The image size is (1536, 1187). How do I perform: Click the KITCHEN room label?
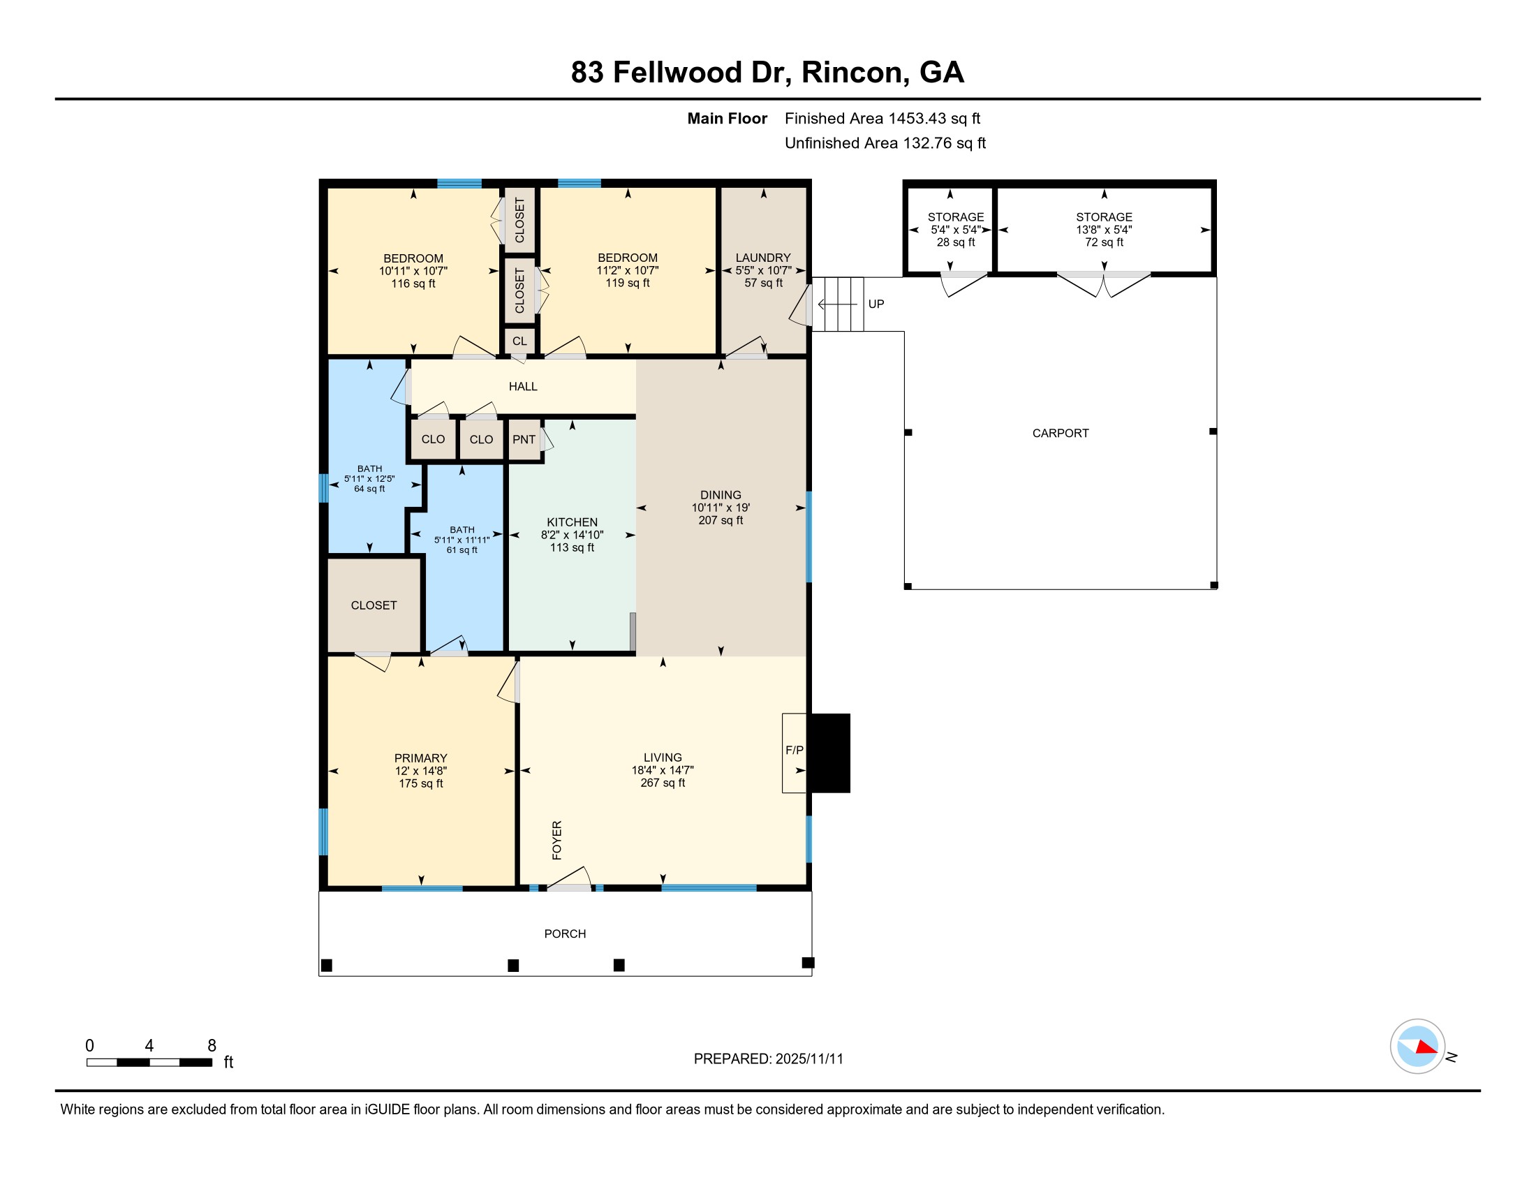click(572, 522)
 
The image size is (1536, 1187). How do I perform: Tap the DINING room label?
click(721, 495)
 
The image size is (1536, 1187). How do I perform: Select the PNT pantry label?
click(524, 439)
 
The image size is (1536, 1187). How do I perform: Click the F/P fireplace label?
click(794, 751)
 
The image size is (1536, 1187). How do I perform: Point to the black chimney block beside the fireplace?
click(829, 753)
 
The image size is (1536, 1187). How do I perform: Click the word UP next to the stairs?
click(876, 304)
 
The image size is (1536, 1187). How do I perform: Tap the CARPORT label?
click(1060, 433)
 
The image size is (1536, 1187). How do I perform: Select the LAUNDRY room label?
click(763, 258)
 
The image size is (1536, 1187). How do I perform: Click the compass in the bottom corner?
click(1417, 1046)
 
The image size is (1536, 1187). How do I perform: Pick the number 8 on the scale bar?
click(212, 1045)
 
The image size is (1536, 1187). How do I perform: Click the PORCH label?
click(565, 933)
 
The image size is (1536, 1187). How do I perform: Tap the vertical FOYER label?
click(557, 839)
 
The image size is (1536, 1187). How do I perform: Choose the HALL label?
click(522, 386)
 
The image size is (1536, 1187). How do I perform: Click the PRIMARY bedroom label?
click(420, 758)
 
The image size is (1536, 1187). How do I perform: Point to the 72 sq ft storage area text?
click(1103, 242)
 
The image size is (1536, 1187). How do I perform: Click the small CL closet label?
click(519, 341)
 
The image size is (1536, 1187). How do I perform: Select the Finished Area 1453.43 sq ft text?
click(882, 119)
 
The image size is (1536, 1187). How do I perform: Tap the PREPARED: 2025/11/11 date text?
click(768, 1059)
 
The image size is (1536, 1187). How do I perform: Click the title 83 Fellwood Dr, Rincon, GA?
click(767, 73)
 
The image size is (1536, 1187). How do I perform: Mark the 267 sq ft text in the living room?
click(663, 783)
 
